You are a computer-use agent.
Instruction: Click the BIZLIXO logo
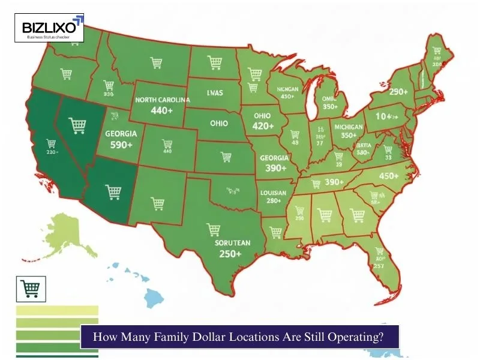coord(49,28)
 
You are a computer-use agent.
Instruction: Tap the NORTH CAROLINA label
coord(162,100)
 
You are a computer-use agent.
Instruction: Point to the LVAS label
coord(215,93)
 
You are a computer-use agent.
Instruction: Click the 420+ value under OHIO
coord(262,127)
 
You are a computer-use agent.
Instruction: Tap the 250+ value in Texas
coord(230,254)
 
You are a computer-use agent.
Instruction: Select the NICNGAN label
coord(279,89)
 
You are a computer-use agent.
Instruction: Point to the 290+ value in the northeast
coord(398,92)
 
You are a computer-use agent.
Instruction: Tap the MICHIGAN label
coord(349,127)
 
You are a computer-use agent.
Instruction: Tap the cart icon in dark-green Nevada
coord(77,125)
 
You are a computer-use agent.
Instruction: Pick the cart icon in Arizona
coord(113,192)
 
